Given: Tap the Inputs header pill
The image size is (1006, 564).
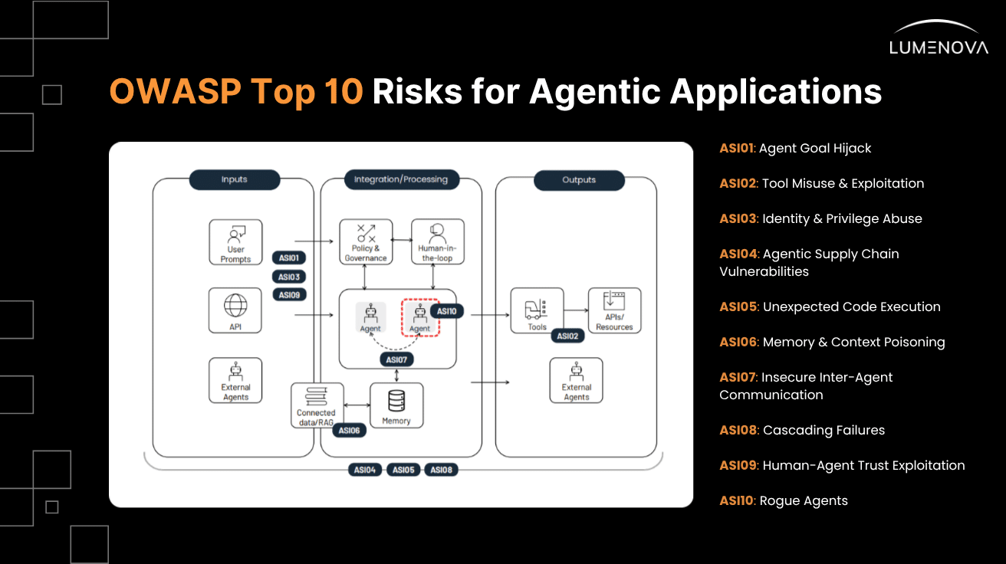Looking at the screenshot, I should (x=234, y=179).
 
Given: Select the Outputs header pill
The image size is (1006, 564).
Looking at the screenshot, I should (x=578, y=180).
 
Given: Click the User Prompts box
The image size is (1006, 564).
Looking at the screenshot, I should (x=235, y=242).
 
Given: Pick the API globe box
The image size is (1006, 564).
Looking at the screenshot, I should (x=235, y=310).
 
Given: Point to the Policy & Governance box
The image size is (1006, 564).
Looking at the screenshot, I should (x=366, y=242).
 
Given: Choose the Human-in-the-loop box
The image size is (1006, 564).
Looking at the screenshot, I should (x=438, y=242).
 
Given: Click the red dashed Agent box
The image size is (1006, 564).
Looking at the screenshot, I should (x=419, y=316).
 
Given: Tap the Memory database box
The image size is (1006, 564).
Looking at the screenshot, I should (x=396, y=405).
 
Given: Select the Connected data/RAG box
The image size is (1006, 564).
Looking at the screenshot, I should (x=316, y=405).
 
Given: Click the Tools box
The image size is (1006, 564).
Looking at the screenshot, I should (x=537, y=310).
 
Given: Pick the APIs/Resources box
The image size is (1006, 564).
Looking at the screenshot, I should (x=614, y=310).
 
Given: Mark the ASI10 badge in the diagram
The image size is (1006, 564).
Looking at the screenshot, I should (x=446, y=311).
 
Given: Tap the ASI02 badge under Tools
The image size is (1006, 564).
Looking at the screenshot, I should (x=567, y=336).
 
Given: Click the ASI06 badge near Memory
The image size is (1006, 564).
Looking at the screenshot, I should (x=349, y=431).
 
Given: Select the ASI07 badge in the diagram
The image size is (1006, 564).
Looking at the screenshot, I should (x=396, y=359).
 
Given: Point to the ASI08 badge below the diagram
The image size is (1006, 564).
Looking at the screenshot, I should (x=441, y=470).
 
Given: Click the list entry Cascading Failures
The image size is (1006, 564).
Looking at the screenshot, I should (x=802, y=430).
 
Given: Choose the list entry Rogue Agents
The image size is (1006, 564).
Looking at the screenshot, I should (x=784, y=500).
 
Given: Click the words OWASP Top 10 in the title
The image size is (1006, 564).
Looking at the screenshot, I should (x=236, y=91).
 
